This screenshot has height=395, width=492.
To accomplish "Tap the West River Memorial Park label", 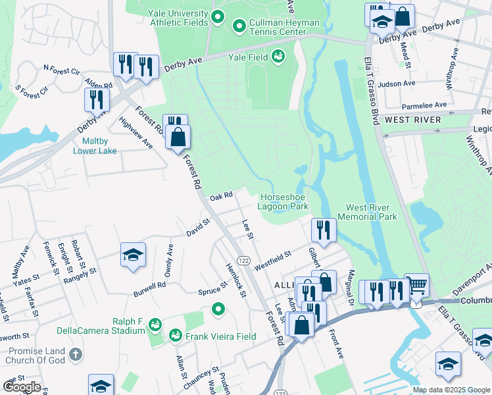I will (367, 212).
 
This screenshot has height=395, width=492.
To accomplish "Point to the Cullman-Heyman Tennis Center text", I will (283, 27).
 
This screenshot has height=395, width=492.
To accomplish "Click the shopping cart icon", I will (416, 285).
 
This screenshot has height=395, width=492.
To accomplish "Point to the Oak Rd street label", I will (222, 196).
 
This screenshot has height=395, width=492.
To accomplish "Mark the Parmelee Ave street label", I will (424, 105).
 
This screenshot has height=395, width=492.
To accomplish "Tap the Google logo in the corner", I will (22, 387).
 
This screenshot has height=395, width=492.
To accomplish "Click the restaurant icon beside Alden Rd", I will (97, 100).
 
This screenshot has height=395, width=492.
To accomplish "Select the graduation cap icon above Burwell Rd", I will (133, 255).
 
